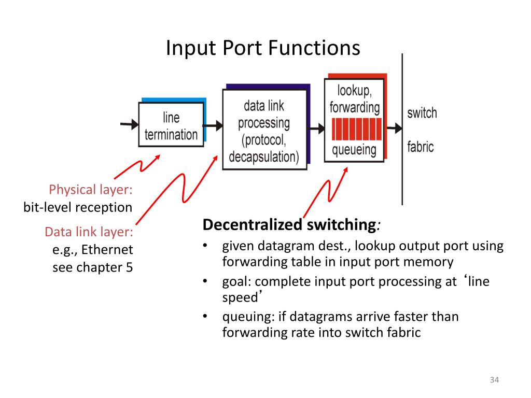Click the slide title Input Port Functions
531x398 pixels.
[263, 48]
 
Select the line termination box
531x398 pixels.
[171, 125]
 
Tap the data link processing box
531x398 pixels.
[264, 130]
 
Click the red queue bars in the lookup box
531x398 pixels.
[355, 129]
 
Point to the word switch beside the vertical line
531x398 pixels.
[422, 113]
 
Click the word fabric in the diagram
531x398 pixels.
[420, 147]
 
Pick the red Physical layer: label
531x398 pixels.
[91, 190]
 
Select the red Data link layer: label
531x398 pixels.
[89, 232]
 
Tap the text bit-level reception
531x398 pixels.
[78, 208]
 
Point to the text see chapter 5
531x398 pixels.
[93, 268]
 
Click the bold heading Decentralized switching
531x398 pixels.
[289, 225]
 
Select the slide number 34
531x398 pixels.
[494, 381]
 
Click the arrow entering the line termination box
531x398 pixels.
[129, 124]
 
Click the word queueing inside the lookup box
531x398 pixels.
[354, 150]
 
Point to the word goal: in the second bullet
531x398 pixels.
[237, 282]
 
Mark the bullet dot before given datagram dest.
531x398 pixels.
[206, 246]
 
